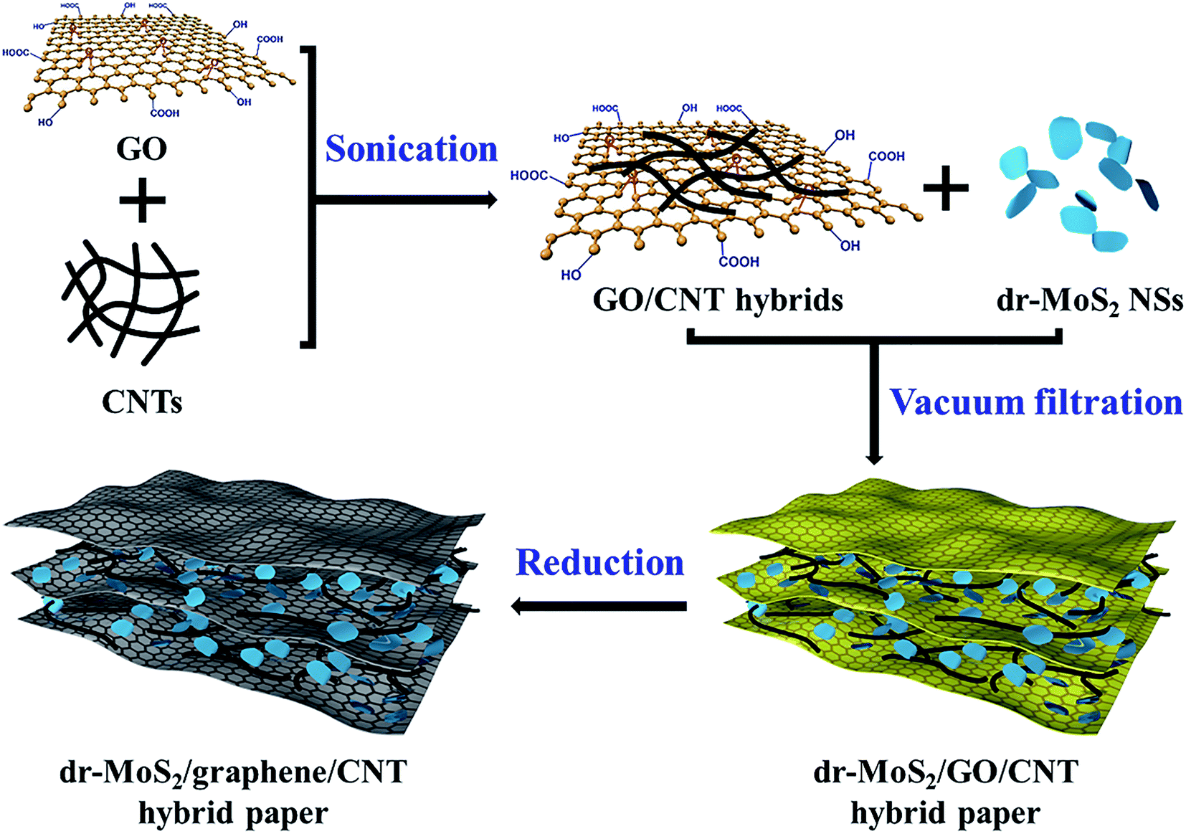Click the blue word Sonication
click(x=412, y=148)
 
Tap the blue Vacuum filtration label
click(x=1035, y=402)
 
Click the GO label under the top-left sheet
click(x=141, y=148)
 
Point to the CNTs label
click(x=142, y=402)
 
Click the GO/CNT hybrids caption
click(x=718, y=300)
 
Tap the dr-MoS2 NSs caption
click(x=1090, y=301)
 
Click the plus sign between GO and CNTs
click(x=142, y=199)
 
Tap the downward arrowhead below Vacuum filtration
click(x=873, y=458)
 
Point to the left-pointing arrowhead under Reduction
click(x=518, y=606)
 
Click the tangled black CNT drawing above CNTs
click(x=131, y=303)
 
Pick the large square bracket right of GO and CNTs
click(x=308, y=197)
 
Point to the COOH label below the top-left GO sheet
click(x=165, y=113)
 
